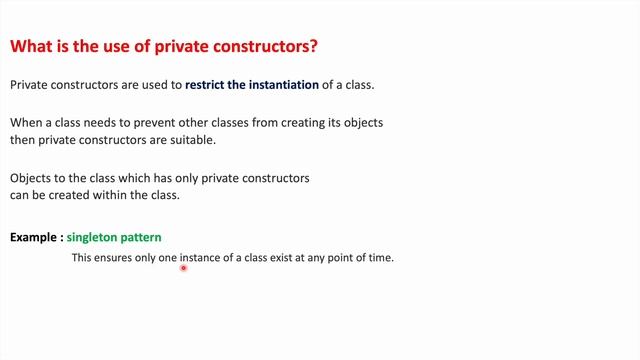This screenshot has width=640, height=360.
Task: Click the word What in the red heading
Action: [x=31, y=47]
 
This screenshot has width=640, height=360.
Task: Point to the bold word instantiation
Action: [x=284, y=86]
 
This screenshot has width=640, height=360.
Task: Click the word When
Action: [x=27, y=123]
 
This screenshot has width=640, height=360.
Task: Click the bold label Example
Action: [x=34, y=238]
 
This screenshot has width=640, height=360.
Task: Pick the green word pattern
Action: [x=141, y=238]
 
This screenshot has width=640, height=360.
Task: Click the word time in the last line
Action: [x=381, y=258]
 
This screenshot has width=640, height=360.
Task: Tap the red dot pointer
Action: [x=184, y=268]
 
